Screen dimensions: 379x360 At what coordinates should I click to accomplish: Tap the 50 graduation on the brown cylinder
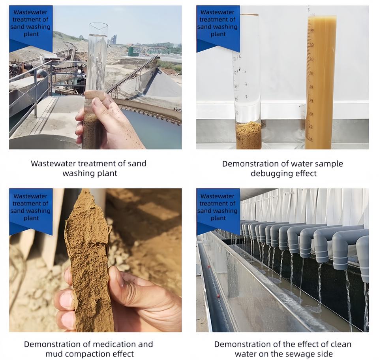pos(311,87)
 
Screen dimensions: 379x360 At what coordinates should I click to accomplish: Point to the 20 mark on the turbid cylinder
pos(310,126)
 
